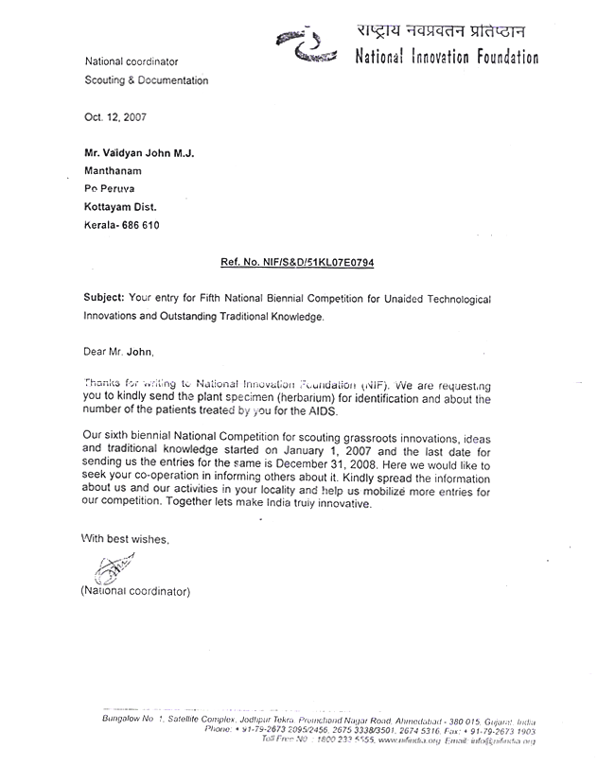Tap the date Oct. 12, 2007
tap(116, 117)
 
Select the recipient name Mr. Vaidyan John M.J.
tap(140, 154)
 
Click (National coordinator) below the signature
tap(135, 591)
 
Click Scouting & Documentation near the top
tap(147, 81)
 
